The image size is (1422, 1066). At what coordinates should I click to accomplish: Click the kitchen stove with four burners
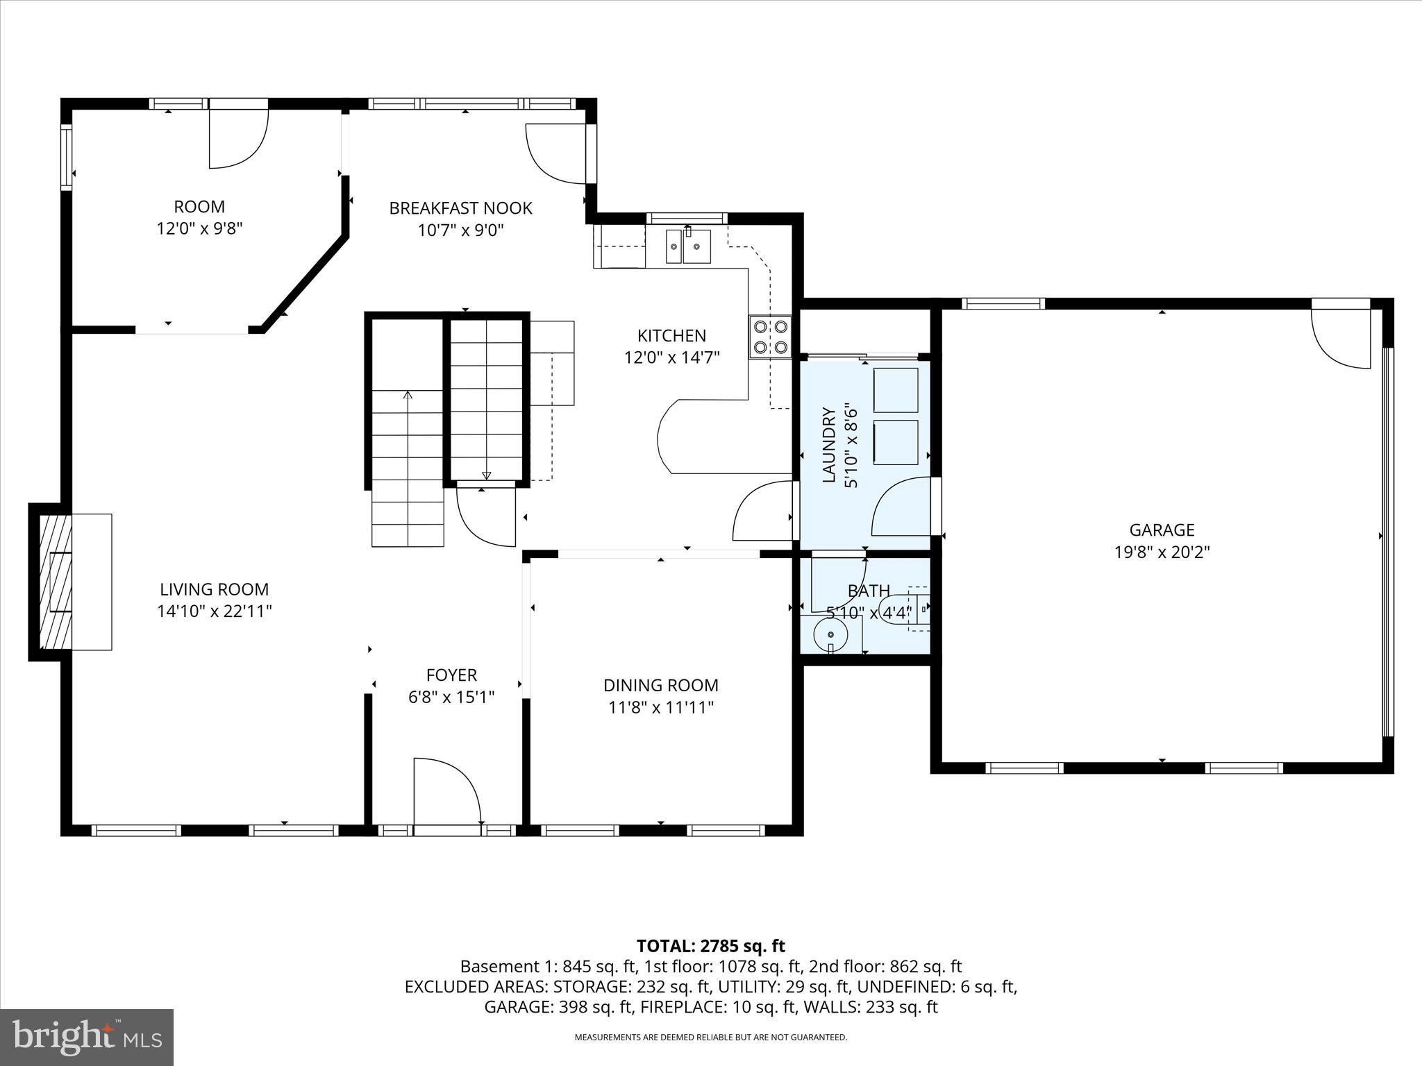click(770, 337)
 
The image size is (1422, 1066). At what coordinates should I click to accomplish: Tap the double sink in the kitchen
click(689, 246)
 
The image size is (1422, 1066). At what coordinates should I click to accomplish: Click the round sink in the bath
click(830, 634)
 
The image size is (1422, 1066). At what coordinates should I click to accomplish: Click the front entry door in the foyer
click(447, 791)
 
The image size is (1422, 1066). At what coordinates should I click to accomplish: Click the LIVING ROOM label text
click(214, 589)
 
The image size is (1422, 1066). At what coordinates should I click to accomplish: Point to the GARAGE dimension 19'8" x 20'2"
click(1162, 552)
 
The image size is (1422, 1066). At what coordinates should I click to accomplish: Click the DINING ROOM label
click(660, 685)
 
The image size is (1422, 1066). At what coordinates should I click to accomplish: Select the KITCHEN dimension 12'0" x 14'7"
click(671, 357)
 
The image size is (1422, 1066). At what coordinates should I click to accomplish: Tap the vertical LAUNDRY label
click(829, 445)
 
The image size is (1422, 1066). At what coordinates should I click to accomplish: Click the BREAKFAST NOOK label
click(460, 208)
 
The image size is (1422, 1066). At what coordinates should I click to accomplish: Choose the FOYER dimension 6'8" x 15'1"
click(451, 697)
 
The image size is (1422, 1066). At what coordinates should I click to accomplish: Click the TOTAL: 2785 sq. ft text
click(710, 945)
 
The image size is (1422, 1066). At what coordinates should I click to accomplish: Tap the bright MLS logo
click(87, 1037)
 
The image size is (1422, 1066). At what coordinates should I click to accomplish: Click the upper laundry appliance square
click(896, 390)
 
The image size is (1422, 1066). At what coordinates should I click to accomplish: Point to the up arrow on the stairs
click(408, 396)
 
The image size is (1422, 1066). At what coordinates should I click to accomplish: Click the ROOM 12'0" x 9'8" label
click(199, 217)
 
